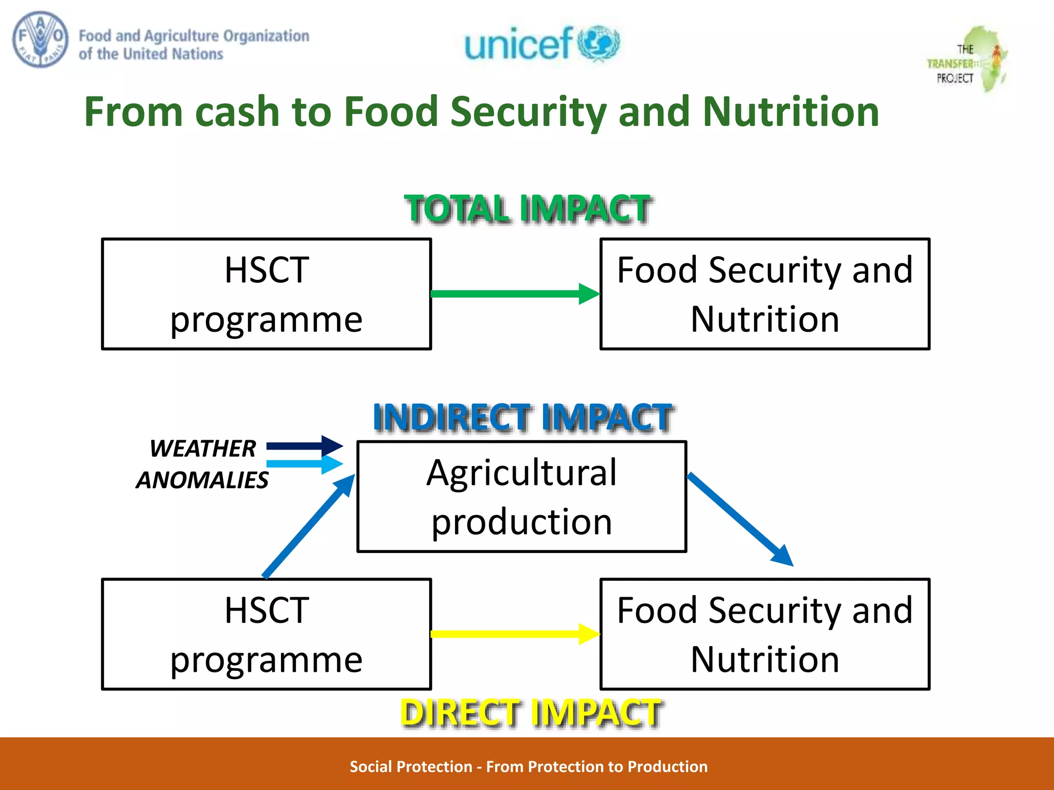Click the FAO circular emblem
pyautogui.click(x=40, y=40)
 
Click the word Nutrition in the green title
pyautogui.click(x=790, y=112)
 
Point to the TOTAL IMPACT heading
pyautogui.click(x=528, y=209)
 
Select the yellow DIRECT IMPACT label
pyautogui.click(x=530, y=713)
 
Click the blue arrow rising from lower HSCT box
pyautogui.click(x=309, y=526)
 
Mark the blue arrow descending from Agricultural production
pyautogui.click(x=740, y=518)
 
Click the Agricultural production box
pyautogui.click(x=522, y=497)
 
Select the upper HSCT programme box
pyautogui.click(x=267, y=294)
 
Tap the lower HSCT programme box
pyautogui.click(x=267, y=634)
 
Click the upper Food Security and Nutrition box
pyautogui.click(x=765, y=294)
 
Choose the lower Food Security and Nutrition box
pyautogui.click(x=765, y=634)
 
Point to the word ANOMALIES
pyautogui.click(x=202, y=480)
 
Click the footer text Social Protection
pyautogui.click(x=411, y=767)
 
